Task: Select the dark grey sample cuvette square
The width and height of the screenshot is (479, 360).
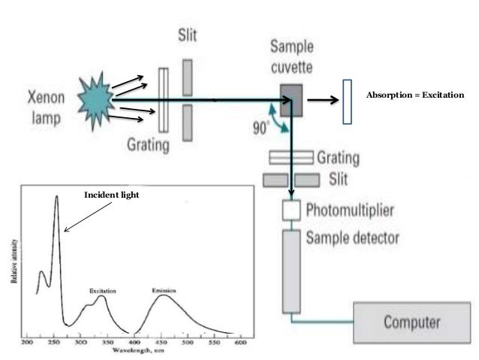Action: click(291, 96)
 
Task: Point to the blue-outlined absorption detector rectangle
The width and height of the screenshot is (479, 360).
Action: click(346, 100)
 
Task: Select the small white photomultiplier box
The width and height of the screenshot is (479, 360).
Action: click(291, 210)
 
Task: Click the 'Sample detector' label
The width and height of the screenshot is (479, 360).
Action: click(352, 238)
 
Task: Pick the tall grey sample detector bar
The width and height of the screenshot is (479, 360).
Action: click(291, 271)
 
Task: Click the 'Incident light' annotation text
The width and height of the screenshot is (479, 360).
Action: click(112, 195)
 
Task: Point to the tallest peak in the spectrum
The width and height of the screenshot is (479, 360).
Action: click(56, 198)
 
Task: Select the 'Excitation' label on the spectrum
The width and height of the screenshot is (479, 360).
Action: click(101, 290)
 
